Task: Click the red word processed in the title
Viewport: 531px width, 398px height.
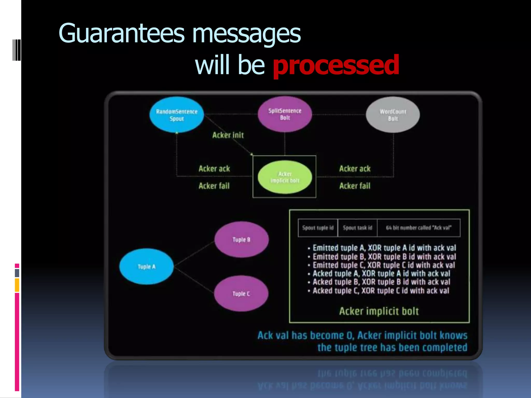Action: point(336,65)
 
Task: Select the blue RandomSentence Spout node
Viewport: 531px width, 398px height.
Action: point(177,115)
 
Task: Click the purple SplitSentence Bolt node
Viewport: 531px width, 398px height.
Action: point(285,114)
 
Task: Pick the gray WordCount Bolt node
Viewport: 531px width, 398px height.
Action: point(393,115)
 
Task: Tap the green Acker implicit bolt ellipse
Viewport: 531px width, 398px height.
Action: point(285,177)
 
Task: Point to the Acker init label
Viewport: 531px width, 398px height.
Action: point(228,135)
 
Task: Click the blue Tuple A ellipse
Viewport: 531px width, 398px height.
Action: point(146,267)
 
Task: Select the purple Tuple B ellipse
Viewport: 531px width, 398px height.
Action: point(241,240)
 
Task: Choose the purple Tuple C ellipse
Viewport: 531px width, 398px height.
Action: point(241,294)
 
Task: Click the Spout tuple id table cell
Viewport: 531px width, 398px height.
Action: point(318,228)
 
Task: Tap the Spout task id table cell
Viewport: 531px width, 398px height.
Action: point(358,228)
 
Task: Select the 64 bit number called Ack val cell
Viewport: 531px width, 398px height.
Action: point(419,228)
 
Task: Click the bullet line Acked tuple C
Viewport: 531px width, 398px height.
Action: point(381,291)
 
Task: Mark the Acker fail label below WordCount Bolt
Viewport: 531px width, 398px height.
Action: point(355,186)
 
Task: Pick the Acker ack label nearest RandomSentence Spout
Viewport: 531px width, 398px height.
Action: point(214,169)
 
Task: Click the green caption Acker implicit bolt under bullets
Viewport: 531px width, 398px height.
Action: point(379,311)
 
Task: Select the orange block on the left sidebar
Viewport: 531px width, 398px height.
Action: point(17,285)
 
